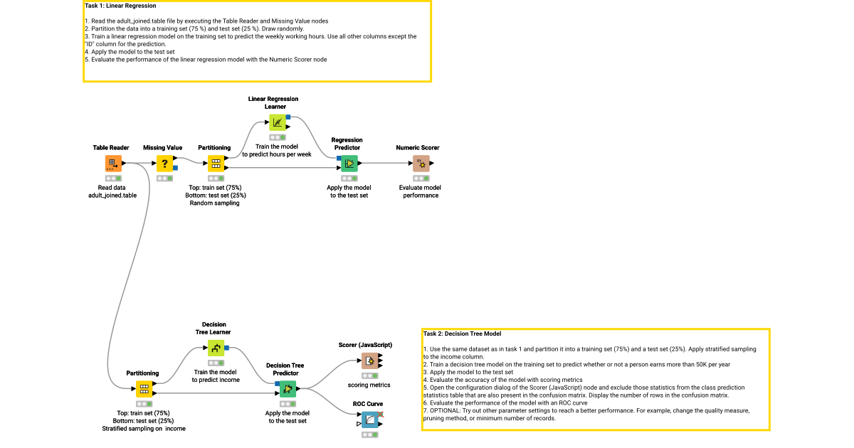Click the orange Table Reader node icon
113,164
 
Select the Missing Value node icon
164,164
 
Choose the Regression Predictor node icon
349,164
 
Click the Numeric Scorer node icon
421,164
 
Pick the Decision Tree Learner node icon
215,348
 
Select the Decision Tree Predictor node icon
287,388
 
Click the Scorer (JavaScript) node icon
369,361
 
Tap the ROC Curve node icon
369,420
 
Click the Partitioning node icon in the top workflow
215,164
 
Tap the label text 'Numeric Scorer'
418,148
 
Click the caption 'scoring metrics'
368,385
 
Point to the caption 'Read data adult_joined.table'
112,191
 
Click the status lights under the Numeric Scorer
421,178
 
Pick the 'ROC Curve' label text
368,404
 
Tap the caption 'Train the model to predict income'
215,375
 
